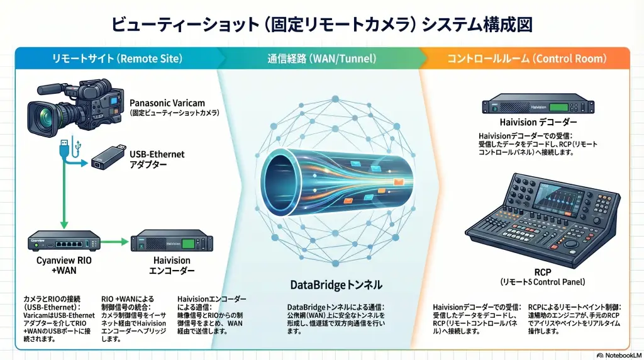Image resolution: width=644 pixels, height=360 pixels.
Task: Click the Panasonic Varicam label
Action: pyautogui.click(x=167, y=103)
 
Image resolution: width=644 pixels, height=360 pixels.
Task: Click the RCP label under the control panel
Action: pyautogui.click(x=542, y=271)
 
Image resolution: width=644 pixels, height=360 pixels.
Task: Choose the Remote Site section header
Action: pyautogui.click(x=117, y=59)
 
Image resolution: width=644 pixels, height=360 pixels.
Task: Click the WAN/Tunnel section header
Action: pyautogui.click(x=322, y=59)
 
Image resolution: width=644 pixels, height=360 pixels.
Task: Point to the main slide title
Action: pyautogui.click(x=322, y=24)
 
